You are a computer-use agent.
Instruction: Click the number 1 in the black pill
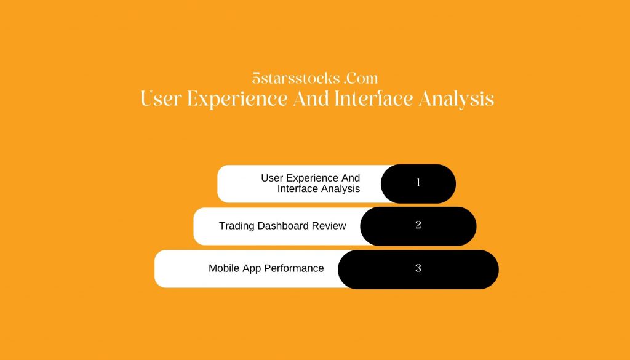click(418, 182)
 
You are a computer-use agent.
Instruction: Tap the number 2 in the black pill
click(418, 225)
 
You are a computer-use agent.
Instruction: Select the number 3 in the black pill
click(418, 268)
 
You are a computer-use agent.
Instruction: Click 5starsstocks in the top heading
click(296, 78)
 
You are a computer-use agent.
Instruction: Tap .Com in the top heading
click(361, 78)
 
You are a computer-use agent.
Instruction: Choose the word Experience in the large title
click(237, 100)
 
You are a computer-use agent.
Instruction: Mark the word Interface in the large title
click(373, 99)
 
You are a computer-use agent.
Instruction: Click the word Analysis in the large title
click(457, 100)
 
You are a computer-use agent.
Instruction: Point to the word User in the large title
click(161, 99)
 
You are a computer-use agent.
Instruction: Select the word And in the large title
click(311, 99)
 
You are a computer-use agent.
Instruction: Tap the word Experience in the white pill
click(311, 178)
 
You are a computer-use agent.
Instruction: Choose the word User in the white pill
click(272, 178)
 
